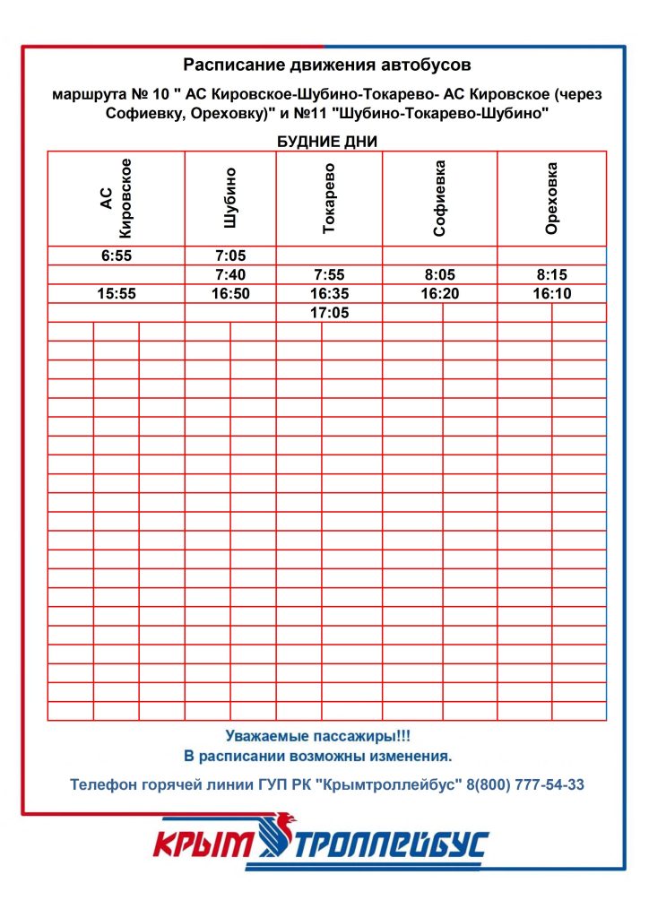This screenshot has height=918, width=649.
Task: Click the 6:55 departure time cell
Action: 116,255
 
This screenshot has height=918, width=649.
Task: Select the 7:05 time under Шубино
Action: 230,255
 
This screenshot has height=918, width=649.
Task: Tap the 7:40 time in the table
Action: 230,274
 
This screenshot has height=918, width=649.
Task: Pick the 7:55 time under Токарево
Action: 329,274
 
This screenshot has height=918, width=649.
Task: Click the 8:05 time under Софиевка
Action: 439,274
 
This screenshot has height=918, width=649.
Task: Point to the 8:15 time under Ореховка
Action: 552,274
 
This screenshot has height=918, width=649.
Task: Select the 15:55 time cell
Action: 116,293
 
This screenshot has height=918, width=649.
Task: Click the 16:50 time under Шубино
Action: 230,293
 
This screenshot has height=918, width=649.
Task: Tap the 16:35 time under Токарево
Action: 329,293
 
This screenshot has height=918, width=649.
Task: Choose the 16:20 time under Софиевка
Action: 439,293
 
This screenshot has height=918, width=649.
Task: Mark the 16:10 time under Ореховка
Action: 552,293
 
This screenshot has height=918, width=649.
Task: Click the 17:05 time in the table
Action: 329,313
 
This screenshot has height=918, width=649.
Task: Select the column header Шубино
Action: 230,198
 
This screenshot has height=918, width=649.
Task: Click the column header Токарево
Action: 329,198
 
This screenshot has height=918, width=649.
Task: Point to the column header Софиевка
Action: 439,198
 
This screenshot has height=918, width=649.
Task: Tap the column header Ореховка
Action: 552,198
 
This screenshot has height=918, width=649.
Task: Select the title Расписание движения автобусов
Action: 326,65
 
